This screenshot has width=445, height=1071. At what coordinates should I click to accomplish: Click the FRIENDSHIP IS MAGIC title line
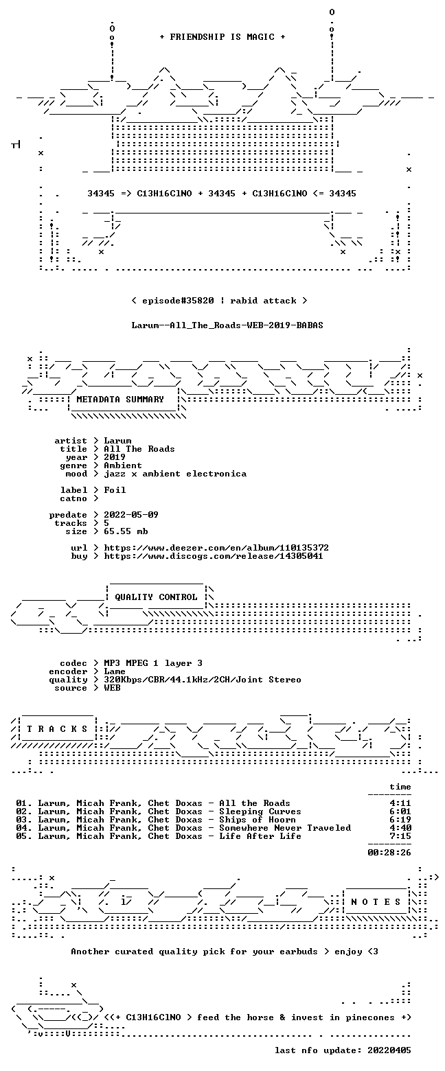[x=223, y=37]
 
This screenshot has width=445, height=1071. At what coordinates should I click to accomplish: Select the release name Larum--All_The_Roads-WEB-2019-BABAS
[x=227, y=325]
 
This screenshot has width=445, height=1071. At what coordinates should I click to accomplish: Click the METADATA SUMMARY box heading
[x=120, y=400]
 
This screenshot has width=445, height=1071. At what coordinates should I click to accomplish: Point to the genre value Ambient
[x=123, y=465]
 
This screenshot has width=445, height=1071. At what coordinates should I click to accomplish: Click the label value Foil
[x=115, y=490]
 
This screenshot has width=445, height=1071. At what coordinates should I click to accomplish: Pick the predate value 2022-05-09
[x=131, y=515]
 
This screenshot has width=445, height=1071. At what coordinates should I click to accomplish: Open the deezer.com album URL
[x=216, y=548]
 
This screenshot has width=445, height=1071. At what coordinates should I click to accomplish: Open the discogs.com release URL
[x=214, y=556]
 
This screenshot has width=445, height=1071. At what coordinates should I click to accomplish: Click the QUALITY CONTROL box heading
[x=156, y=597]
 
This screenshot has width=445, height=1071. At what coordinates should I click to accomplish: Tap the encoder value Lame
[x=115, y=671]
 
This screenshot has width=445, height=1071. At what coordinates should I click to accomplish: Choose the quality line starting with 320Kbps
[x=203, y=680]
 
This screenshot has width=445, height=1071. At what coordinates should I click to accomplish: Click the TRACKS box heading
[x=58, y=729]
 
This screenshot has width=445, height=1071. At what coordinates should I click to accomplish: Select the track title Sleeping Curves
[x=260, y=811]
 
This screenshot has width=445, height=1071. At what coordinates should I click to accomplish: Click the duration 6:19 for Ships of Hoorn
[x=400, y=820]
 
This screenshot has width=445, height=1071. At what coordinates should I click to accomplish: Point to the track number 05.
[x=21, y=836]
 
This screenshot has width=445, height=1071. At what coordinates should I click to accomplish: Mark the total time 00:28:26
[x=389, y=853]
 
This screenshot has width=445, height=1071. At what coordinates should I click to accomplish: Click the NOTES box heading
[x=376, y=901]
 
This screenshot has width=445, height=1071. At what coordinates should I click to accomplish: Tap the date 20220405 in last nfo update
[x=389, y=1050]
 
